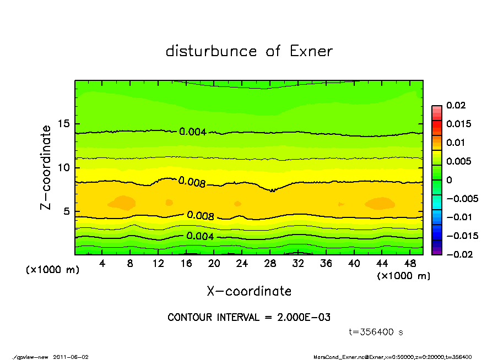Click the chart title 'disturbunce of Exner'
pyautogui.click(x=249, y=52)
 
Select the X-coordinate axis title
pyautogui.click(x=249, y=291)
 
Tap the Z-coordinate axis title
pyautogui.click(x=46, y=167)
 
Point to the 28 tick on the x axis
pyautogui.click(x=270, y=264)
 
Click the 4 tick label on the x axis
pyautogui.click(x=102, y=264)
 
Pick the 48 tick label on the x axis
pyautogui.click(x=409, y=264)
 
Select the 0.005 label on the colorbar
pyautogui.click(x=458, y=161)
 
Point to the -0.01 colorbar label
pyautogui.click(x=459, y=217)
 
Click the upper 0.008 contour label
pyautogui.click(x=192, y=182)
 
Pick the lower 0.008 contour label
pyautogui.click(x=201, y=216)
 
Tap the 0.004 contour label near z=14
pyautogui.click(x=193, y=132)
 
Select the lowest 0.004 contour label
pyautogui.click(x=199, y=236)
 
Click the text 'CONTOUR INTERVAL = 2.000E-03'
pyautogui.click(x=249, y=318)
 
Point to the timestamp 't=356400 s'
pyautogui.click(x=377, y=332)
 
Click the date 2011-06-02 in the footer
pyautogui.click(x=71, y=357)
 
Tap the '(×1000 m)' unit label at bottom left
pyautogui.click(x=53, y=270)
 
